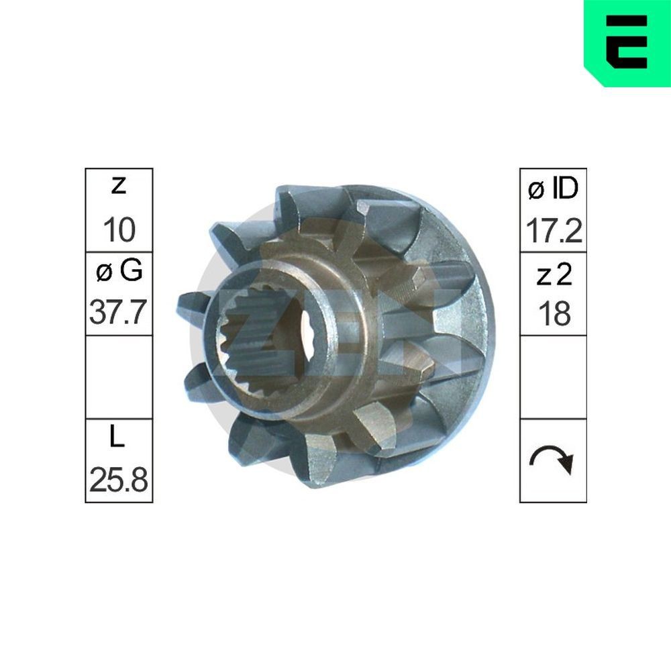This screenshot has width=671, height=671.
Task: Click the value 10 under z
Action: pyautogui.click(x=119, y=230)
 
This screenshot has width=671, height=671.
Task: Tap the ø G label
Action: pyautogui.click(x=119, y=271)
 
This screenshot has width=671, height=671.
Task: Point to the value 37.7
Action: pyautogui.click(x=119, y=313)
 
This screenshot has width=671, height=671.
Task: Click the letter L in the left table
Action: pyautogui.click(x=118, y=438)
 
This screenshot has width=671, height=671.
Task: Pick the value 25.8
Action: pyautogui.click(x=119, y=480)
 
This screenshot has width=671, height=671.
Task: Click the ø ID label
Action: pyautogui.click(x=553, y=190)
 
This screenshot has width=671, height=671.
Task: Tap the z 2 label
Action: pyautogui.click(x=553, y=274)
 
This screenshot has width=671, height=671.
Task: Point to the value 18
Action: pyautogui.click(x=553, y=314)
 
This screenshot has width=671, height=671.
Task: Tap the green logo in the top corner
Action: pyautogui.click(x=627, y=42)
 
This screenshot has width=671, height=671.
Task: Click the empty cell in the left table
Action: pyautogui.click(x=119, y=376)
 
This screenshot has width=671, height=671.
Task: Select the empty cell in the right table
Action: pyautogui.click(x=553, y=376)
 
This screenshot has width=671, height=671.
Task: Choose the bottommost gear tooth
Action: pyautogui.click(x=322, y=463)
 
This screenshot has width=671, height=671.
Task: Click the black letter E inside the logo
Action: pyautogui.click(x=627, y=42)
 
